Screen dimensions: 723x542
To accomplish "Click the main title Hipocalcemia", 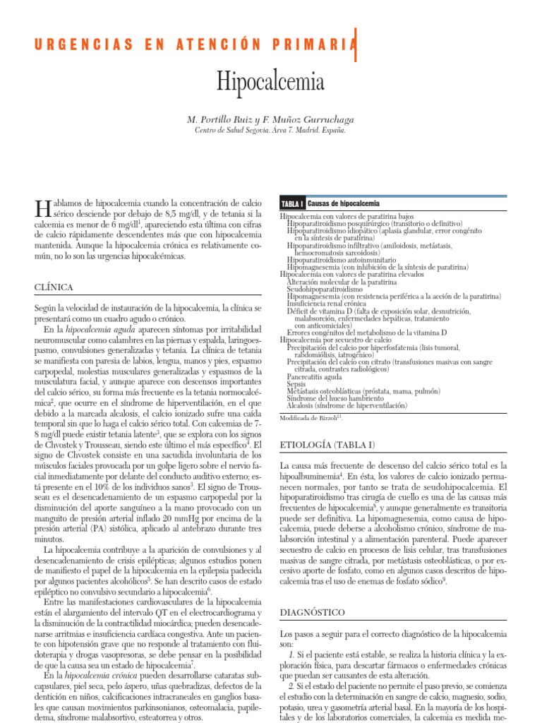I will coord(271,83).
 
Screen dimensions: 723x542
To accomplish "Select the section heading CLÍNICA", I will coord(54,287).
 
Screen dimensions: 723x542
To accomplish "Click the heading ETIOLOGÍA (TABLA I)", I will coord(327,445).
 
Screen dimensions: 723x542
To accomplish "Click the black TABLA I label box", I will coord(292,203).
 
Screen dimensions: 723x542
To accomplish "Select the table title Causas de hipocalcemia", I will coord(344,203).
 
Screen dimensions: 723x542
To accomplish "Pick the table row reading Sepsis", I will coord(296,384).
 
